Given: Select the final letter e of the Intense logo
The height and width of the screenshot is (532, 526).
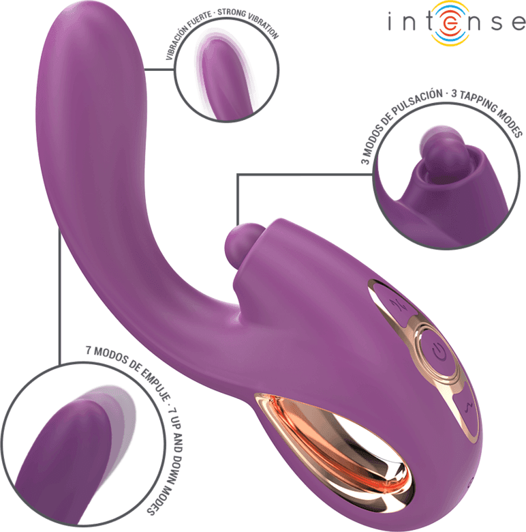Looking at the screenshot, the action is (x=519, y=23).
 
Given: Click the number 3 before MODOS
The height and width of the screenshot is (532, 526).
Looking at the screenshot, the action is (x=365, y=159).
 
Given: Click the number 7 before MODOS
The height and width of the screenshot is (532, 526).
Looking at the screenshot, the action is (x=89, y=349).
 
